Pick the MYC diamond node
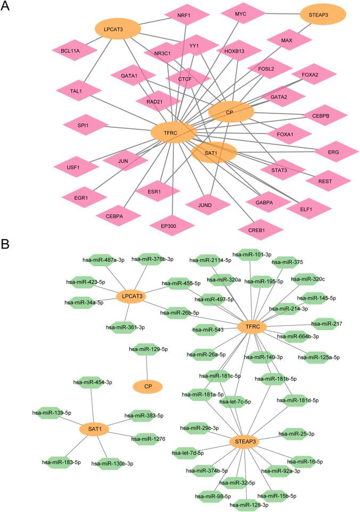point(240,13)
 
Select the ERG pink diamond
point(333,152)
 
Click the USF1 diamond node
point(76,167)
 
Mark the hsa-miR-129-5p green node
point(148,349)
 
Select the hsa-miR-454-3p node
point(94,382)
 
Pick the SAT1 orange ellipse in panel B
point(94,428)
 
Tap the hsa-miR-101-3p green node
point(252,254)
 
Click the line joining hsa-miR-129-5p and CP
point(147,367)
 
